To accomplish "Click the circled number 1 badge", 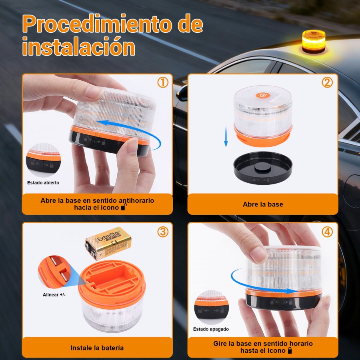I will [x=162, y=83].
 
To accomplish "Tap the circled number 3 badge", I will [x=162, y=232].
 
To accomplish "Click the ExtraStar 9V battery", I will [x=108, y=244].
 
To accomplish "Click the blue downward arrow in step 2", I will [x=226, y=136].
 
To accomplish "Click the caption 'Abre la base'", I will [x=263, y=204].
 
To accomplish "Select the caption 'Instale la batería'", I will [x=97, y=348].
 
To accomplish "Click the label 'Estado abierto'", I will [x=43, y=183].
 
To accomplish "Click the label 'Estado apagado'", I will [x=211, y=329].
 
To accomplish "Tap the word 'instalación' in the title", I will [x=78, y=47].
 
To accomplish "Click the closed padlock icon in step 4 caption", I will [x=289, y=351].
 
